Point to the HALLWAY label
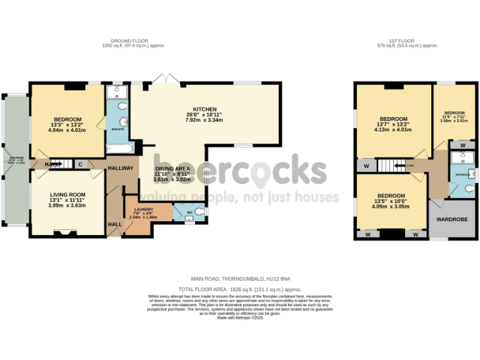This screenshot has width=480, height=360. point(121,168)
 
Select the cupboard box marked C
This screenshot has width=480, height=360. point(81,164)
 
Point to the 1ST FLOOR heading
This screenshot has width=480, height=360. point(407,42)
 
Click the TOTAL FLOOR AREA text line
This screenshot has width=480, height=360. point(240,289)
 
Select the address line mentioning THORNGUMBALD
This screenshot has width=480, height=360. point(240,279)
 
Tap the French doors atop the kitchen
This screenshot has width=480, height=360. point(166,79)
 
